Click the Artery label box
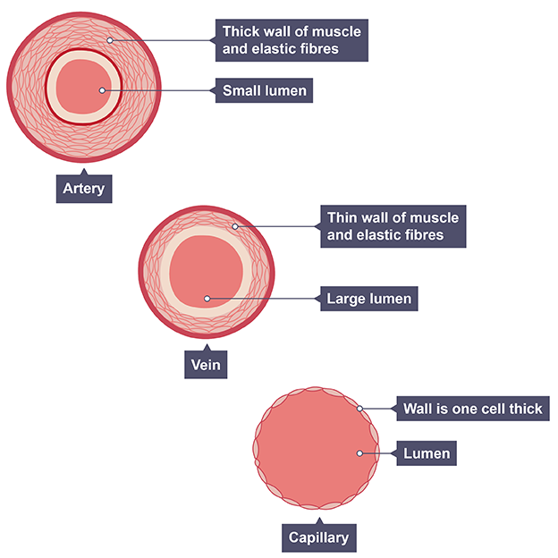pyautogui.click(x=84, y=188)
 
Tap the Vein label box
pyautogui.click(x=205, y=364)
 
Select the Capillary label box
pyautogui.click(x=317, y=538)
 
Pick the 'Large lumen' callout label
pyautogui.click(x=368, y=299)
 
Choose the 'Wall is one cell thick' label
pyautogui.click(x=472, y=409)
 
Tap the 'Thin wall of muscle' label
pyautogui.click(x=393, y=226)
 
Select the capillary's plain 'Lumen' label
pyautogui.click(x=426, y=453)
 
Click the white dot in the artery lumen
pyautogui.click(x=103, y=90)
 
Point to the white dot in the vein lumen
pyautogui.click(x=207, y=299)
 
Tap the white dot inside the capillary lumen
pyautogui.click(x=359, y=453)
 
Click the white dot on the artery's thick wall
pyautogui.click(x=110, y=39)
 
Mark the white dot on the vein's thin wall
pyautogui.click(x=235, y=226)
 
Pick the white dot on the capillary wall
pyautogui.click(x=360, y=409)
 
